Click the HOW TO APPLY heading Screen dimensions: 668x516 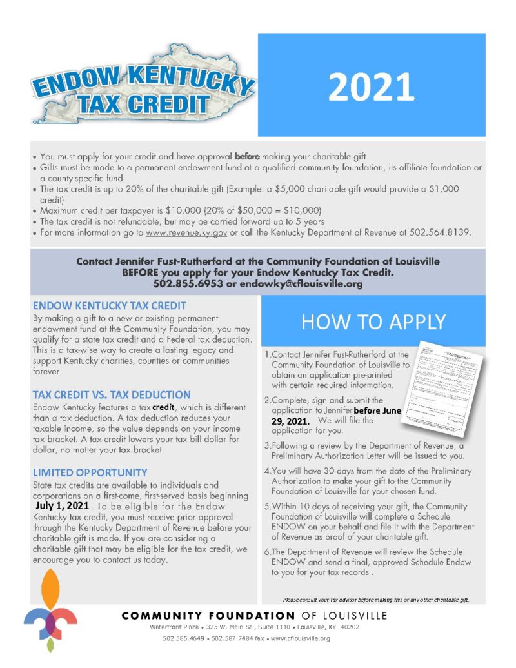tap(373, 321)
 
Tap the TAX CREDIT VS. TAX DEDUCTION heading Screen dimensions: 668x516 tap(112, 394)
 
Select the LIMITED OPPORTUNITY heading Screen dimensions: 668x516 tap(90, 472)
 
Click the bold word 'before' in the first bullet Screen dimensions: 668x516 tap(247, 156)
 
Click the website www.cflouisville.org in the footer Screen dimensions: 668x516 tap(298, 638)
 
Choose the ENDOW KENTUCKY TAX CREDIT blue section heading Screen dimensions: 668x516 tap(110, 305)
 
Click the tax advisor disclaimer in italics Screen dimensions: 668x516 tap(376, 600)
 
